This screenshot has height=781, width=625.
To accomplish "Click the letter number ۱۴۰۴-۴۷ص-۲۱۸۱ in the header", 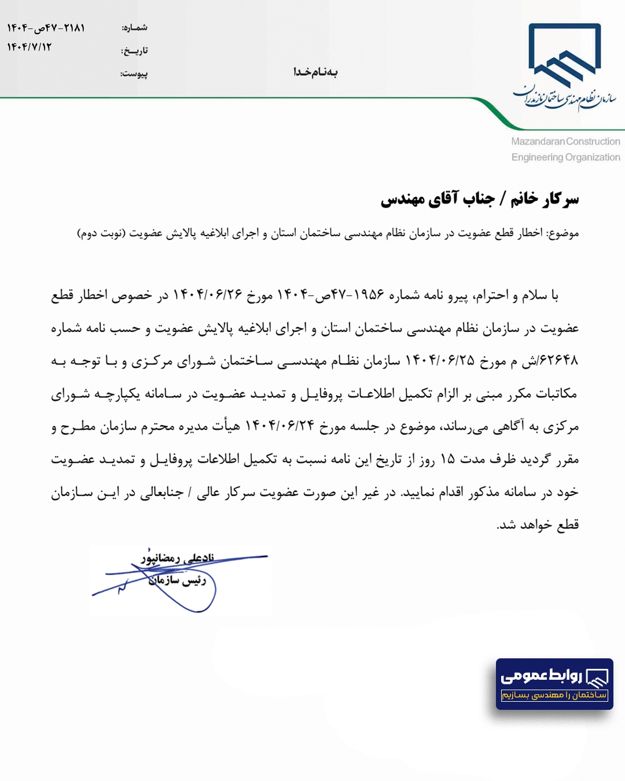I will [x=46, y=28].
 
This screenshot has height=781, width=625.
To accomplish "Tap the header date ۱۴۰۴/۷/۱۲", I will [x=30, y=47].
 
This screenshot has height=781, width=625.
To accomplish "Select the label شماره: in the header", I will [x=134, y=28].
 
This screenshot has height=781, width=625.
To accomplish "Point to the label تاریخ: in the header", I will [x=134, y=51].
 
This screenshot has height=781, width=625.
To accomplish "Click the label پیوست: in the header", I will [x=134, y=74].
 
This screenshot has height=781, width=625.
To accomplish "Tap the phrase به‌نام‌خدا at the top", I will [x=315, y=72].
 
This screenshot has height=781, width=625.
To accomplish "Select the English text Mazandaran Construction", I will [x=565, y=141].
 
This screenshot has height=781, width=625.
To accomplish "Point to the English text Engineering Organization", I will [x=565, y=157].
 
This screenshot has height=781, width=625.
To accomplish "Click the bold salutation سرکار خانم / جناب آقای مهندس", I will [x=480, y=200].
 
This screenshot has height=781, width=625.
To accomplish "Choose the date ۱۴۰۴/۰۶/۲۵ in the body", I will [x=440, y=361].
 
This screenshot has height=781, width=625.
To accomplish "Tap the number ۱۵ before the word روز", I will [x=447, y=459].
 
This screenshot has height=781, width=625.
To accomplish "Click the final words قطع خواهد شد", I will [x=538, y=525].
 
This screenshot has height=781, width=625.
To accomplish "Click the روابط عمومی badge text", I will [x=541, y=676].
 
